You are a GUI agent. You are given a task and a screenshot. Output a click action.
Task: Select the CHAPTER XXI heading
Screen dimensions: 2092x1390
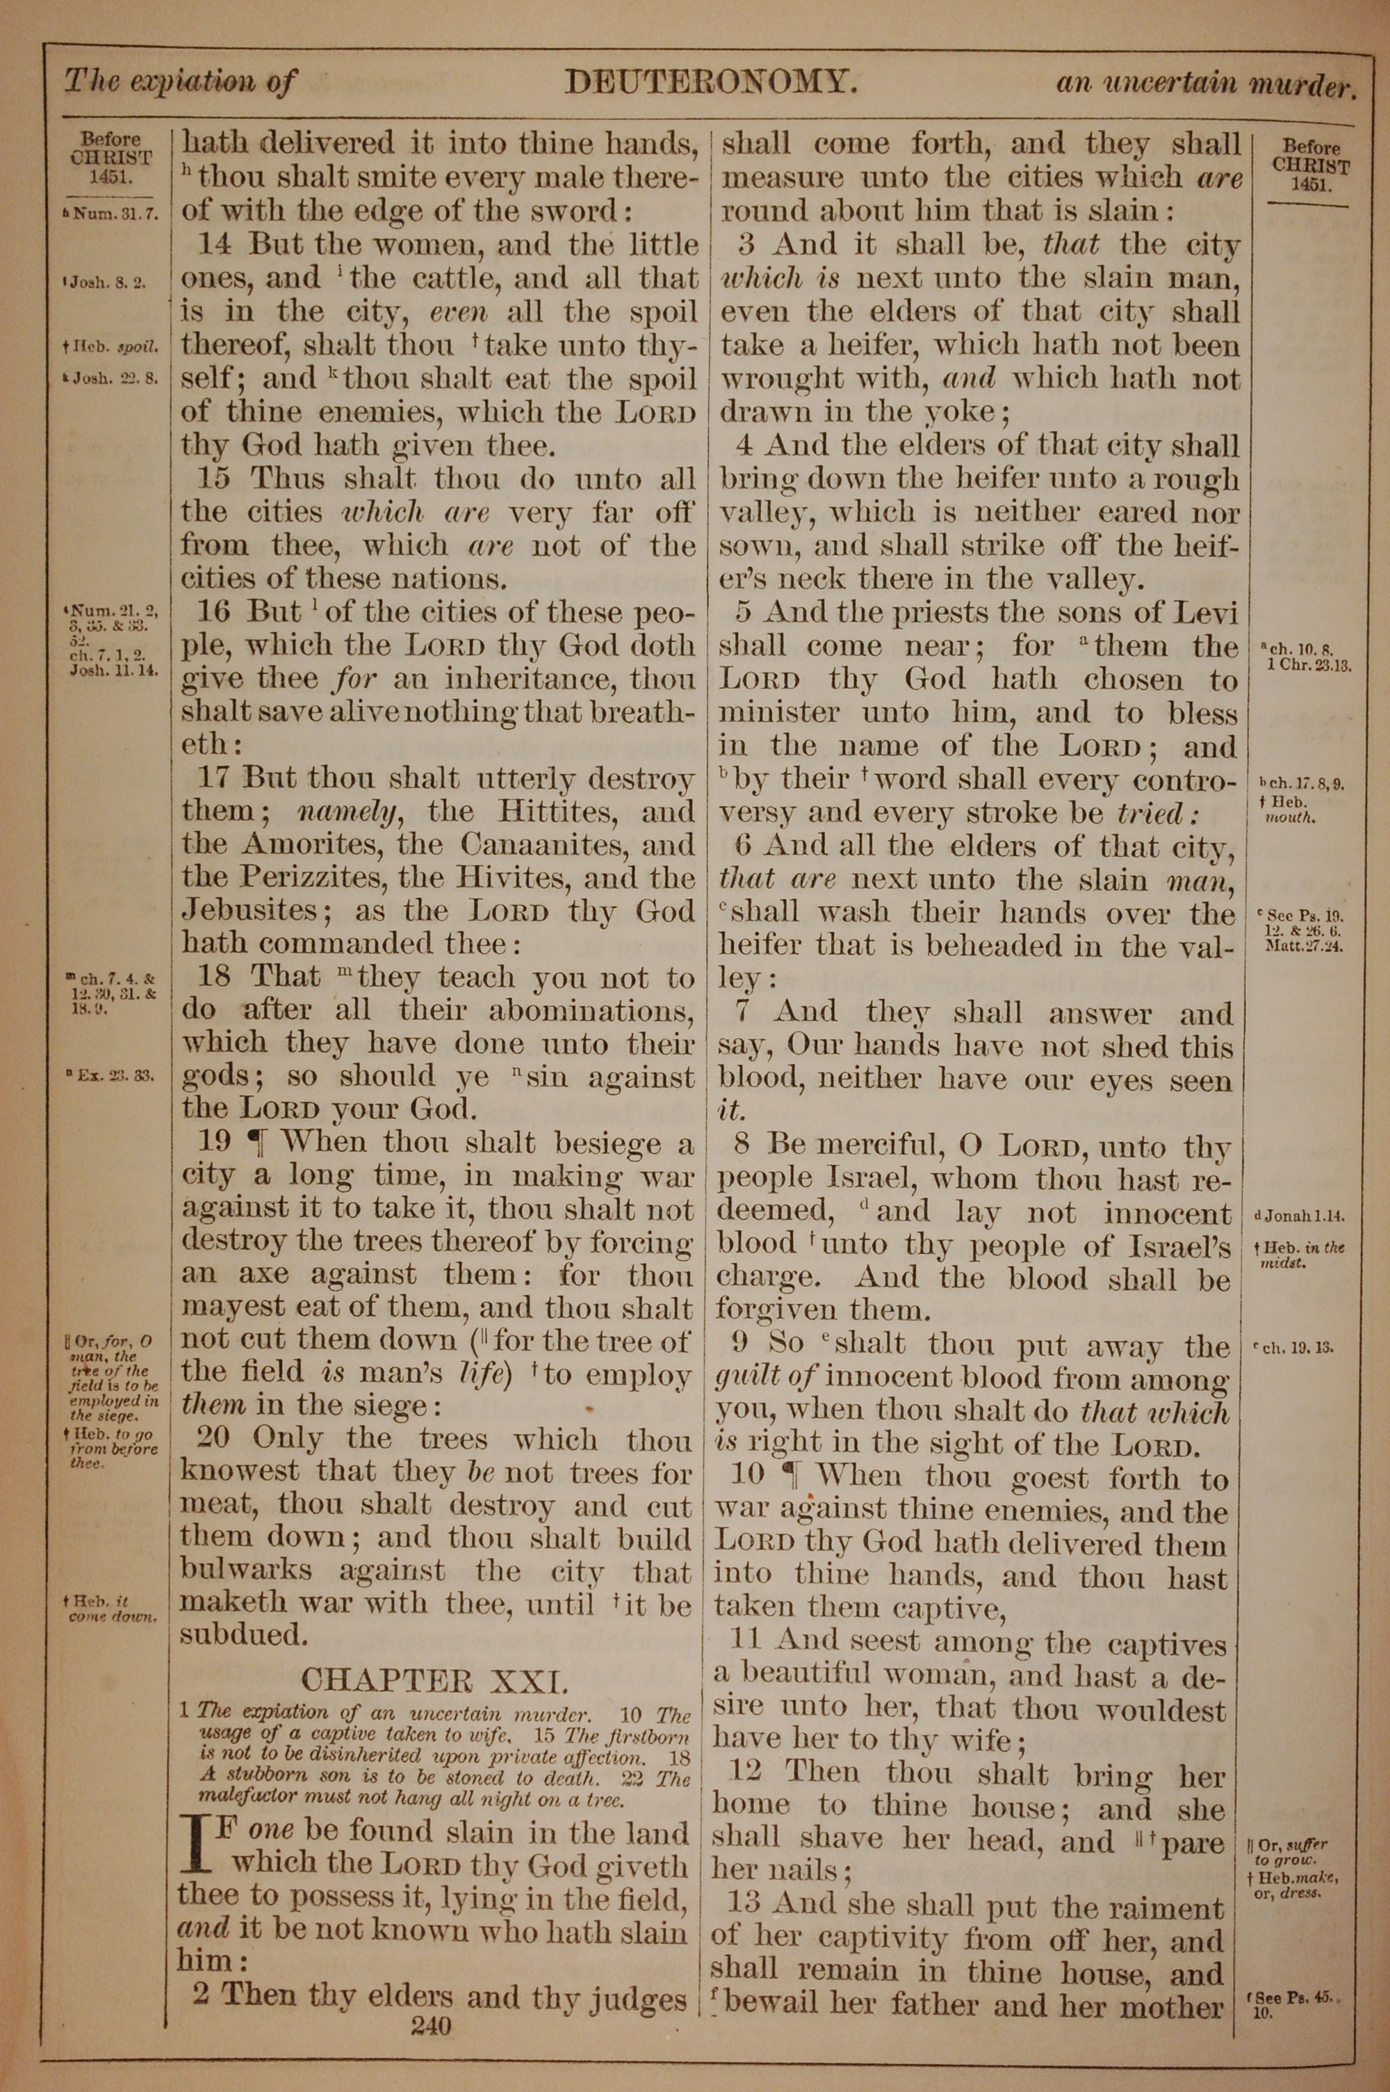click(x=432, y=1680)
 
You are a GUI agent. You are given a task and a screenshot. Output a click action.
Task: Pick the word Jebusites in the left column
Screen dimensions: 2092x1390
click(x=250, y=911)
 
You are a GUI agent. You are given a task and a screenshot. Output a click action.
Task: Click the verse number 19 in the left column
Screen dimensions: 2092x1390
click(x=213, y=1142)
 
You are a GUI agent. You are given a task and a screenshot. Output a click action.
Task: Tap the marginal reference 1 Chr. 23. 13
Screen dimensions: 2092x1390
click(x=1307, y=665)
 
